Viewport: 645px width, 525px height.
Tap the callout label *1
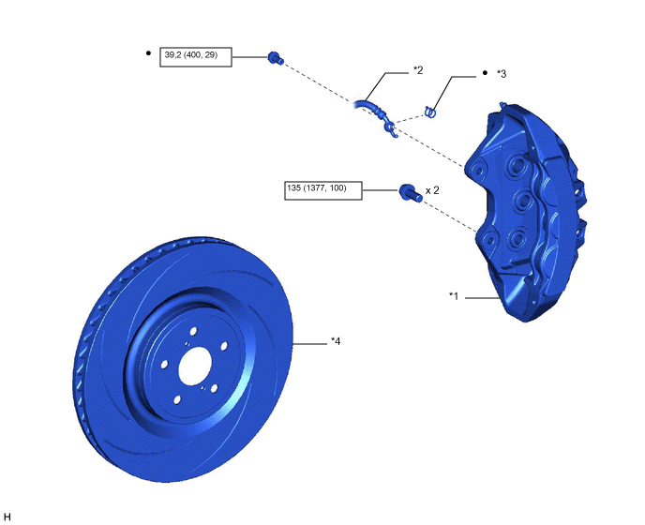(x=454, y=296)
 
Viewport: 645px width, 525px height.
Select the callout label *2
(x=418, y=70)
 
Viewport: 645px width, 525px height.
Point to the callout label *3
(x=502, y=74)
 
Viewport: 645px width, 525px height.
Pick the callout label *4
(x=336, y=341)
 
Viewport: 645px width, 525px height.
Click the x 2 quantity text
(x=432, y=190)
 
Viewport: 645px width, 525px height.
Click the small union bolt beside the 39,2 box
(x=276, y=58)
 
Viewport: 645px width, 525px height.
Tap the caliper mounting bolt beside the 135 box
(x=410, y=193)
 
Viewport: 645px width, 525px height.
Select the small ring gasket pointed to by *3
(x=430, y=112)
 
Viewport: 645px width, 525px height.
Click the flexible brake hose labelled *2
(x=376, y=115)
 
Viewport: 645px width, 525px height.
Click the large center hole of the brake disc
(x=195, y=366)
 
